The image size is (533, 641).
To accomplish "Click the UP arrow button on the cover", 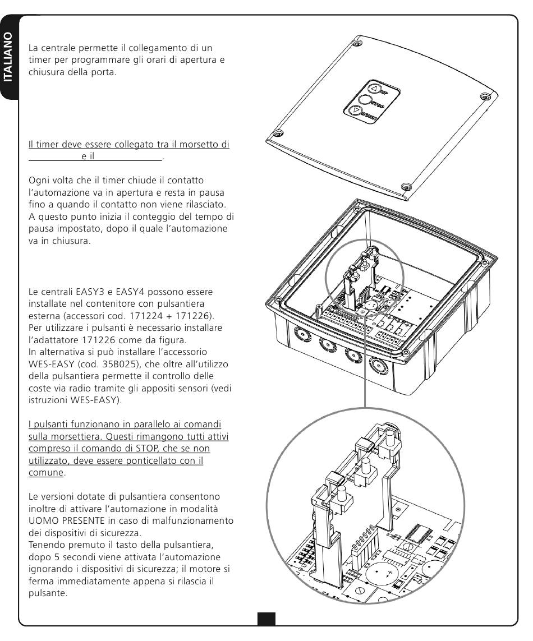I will pos(374,89).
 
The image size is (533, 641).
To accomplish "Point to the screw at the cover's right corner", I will pos(484,96).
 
